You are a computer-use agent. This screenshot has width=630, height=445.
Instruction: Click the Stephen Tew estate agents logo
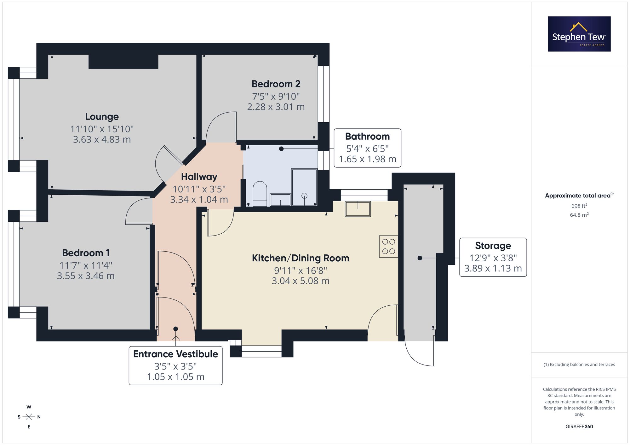coord(579,34)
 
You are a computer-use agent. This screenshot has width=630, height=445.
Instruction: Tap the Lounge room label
coord(102,117)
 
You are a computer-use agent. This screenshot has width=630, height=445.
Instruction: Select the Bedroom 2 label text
coord(276,84)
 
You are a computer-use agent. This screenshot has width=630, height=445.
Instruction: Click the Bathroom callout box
coord(367,148)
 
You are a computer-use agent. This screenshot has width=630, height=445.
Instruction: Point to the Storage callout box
coord(493,257)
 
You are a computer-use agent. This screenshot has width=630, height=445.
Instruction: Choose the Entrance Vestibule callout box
coord(175,365)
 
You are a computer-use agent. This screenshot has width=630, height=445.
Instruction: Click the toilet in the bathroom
coord(260,194)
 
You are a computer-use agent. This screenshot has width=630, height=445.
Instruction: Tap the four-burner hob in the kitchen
coord(389,247)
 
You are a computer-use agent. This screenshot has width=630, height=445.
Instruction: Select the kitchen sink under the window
coord(358,209)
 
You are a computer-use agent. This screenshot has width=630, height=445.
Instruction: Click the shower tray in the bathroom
coord(304,187)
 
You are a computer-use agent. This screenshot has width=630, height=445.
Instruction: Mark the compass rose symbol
coord(29,417)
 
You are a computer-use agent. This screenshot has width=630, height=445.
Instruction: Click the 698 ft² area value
coord(579,206)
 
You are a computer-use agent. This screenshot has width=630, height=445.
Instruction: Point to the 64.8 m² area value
coord(579,215)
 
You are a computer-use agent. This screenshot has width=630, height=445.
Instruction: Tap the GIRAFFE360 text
coord(579,426)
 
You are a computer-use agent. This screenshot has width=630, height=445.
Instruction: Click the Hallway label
coord(199,177)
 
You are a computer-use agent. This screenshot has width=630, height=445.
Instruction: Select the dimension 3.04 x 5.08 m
coord(301,281)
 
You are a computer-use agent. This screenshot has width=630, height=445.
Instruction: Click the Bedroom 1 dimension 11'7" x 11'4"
coord(86,265)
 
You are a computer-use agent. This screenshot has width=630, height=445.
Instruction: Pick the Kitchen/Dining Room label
coord(301,258)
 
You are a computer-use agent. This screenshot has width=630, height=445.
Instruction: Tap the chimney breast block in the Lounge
coord(123,62)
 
